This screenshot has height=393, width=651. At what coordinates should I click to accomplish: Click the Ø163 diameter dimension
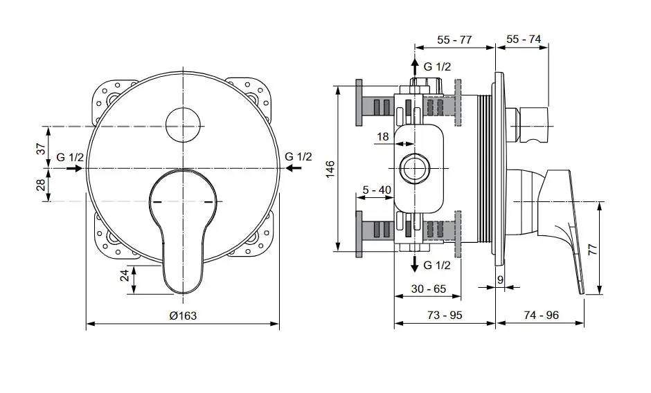pos(183,316)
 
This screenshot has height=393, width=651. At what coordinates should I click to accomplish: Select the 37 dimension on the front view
pos(40,147)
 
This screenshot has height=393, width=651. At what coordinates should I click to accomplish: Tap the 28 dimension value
pos(40,185)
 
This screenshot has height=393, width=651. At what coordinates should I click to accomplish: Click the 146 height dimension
pos(330,168)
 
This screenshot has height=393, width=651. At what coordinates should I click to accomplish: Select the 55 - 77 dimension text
pos(454,40)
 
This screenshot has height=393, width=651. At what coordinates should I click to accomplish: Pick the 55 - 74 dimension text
pos(524,40)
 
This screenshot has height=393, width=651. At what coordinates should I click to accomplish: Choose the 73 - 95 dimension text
pos(444,315)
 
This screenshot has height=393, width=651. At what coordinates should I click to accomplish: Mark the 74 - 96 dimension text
pos(541,315)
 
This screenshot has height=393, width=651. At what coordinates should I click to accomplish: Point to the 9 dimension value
pos(500,279)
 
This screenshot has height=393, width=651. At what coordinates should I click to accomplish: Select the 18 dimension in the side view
pos(382,137)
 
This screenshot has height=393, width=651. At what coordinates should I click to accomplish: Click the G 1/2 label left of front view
pos(70,157)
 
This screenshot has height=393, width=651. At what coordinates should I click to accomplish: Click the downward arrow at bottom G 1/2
pos(415,265)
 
